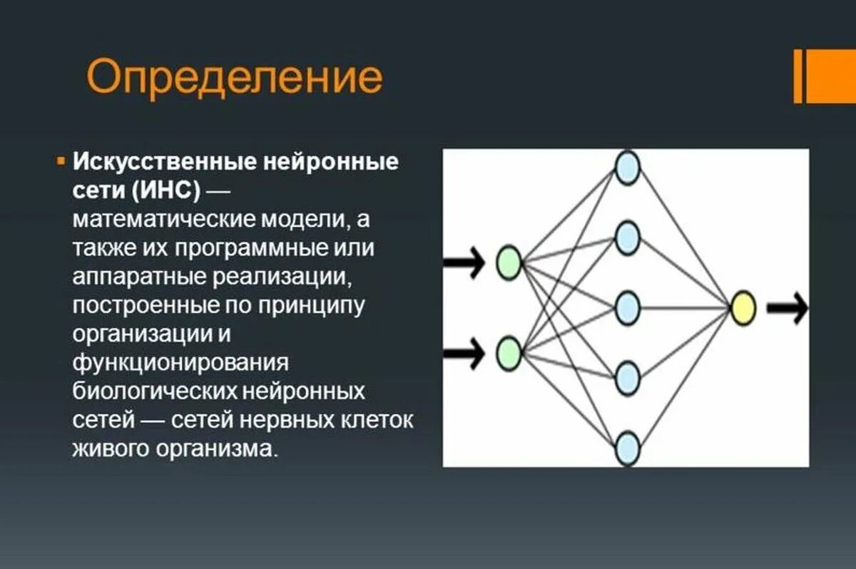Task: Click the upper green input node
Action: pyautogui.click(x=509, y=262)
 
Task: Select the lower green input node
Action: pyautogui.click(x=509, y=354)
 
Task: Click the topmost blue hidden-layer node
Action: pyautogui.click(x=628, y=168)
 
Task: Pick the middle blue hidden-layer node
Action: pyautogui.click(x=628, y=307)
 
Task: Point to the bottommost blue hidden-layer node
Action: pyautogui.click(x=628, y=447)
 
